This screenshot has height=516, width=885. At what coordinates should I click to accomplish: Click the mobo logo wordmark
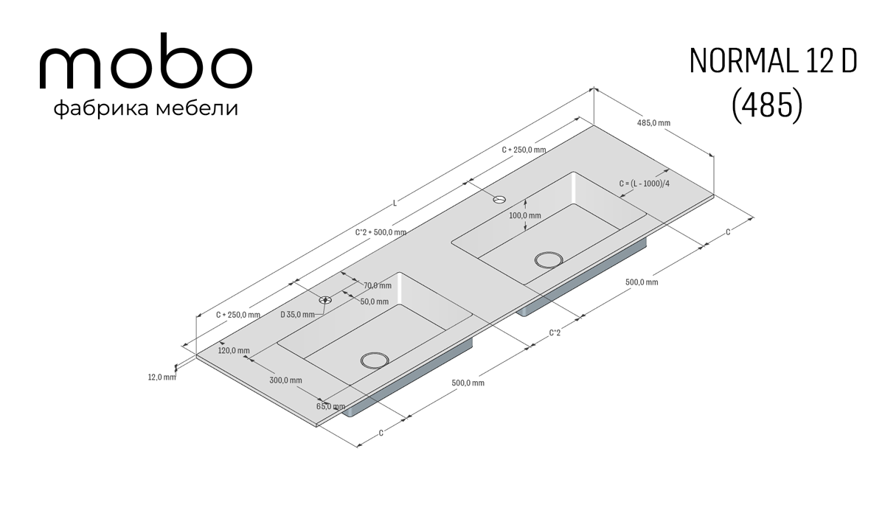tap(146, 60)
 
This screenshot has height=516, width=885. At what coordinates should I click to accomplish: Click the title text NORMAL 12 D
tap(773, 62)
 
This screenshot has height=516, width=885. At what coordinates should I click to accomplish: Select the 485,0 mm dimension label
tap(653, 123)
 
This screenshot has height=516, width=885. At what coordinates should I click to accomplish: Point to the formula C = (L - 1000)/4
tap(645, 184)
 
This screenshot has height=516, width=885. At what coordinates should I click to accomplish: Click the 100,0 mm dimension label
tap(524, 215)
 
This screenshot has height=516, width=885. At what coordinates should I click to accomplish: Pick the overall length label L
tap(395, 203)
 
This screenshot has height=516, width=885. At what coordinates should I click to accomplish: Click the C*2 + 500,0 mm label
tap(381, 232)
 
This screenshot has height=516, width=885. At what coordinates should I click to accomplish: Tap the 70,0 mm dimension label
tap(378, 285)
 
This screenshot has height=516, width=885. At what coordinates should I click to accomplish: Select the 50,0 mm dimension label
tap(374, 301)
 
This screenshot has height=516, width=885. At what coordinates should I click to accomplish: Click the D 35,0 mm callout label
tap(297, 315)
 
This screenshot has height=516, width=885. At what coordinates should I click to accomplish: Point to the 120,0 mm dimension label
tap(234, 351)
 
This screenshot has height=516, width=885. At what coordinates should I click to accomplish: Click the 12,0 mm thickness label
tap(162, 377)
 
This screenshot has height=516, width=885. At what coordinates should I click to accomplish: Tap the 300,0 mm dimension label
tap(285, 380)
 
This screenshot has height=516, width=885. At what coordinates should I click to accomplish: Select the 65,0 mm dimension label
tap(330, 406)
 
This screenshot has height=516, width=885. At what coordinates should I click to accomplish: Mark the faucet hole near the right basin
tap(499, 199)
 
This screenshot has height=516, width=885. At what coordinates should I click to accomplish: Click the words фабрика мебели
tap(146, 108)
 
